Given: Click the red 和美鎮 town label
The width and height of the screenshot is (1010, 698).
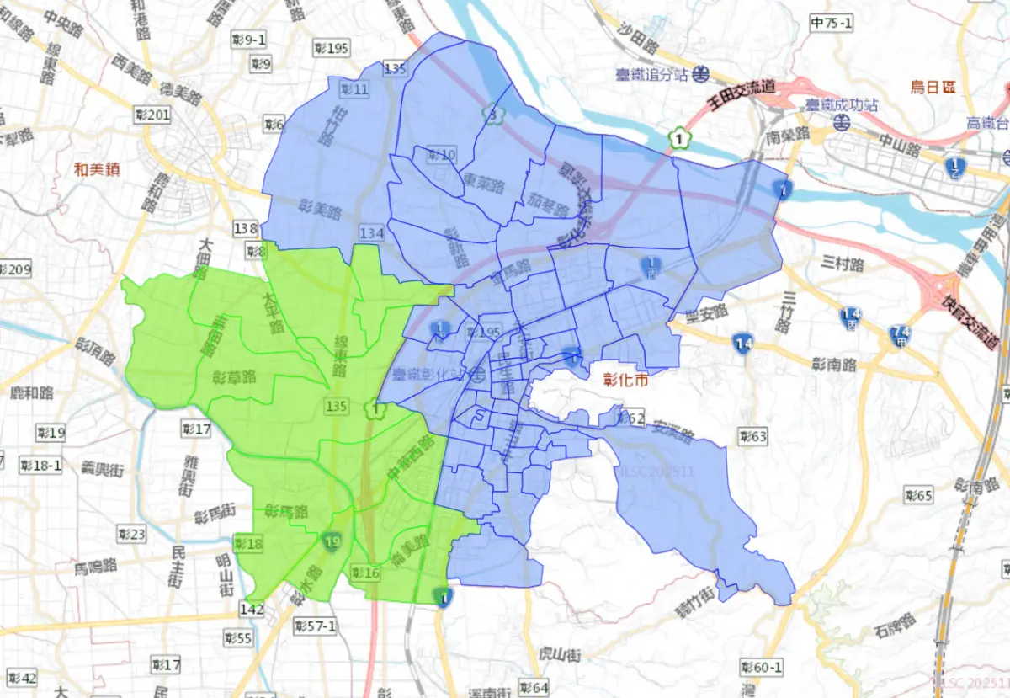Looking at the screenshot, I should (x=96, y=169).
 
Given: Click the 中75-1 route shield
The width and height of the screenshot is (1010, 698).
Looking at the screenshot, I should (x=830, y=23).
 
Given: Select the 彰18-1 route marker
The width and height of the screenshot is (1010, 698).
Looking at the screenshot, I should (x=40, y=466).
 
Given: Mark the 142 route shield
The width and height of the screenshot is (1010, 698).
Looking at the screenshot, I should (x=251, y=609).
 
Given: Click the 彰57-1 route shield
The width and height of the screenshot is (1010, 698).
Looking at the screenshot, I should (x=315, y=626).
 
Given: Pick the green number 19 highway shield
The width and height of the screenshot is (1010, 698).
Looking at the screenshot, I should (x=333, y=541).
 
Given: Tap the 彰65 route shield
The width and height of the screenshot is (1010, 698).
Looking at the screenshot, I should (x=918, y=495).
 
